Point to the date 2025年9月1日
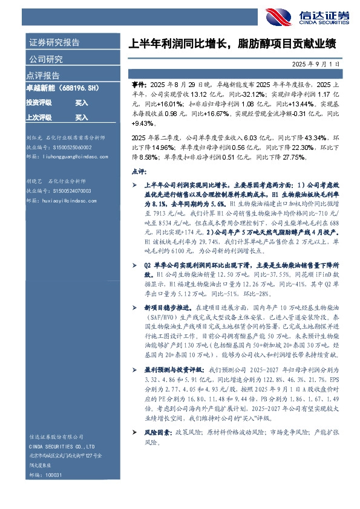click(x=324, y=63)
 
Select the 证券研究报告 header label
click(x=54, y=43)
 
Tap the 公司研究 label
click(x=46, y=59)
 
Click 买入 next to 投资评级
click(x=81, y=103)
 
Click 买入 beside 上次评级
click(x=81, y=117)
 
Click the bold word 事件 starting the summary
click(x=138, y=87)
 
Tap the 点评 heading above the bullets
click(x=139, y=172)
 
